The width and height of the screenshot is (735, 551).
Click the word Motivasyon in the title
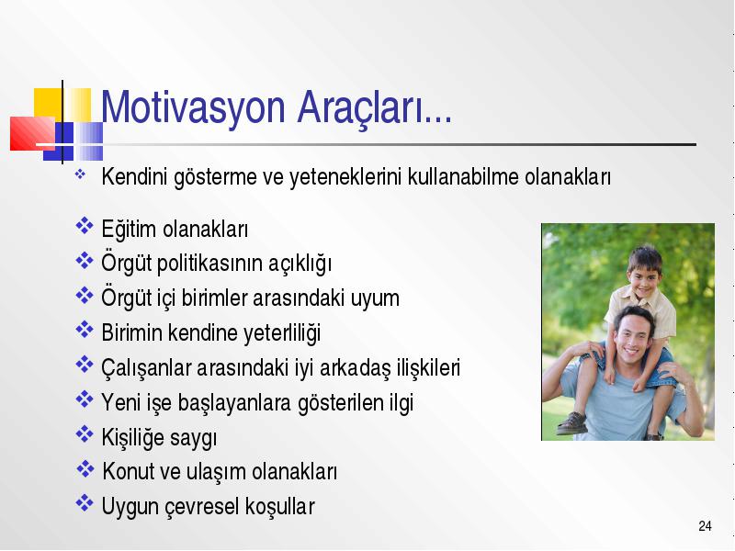pyautogui.click(x=193, y=108)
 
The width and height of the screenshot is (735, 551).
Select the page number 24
pyautogui.click(x=705, y=526)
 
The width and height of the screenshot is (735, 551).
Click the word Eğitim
pyautogui.click(x=129, y=230)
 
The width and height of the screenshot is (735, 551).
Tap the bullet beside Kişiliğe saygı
pyautogui.click(x=85, y=434)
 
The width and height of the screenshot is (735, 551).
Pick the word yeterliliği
pyautogui.click(x=282, y=333)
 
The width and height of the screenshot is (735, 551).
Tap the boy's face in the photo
pyautogui.click(x=645, y=275)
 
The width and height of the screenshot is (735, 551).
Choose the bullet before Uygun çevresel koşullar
pyautogui.click(x=85, y=503)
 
